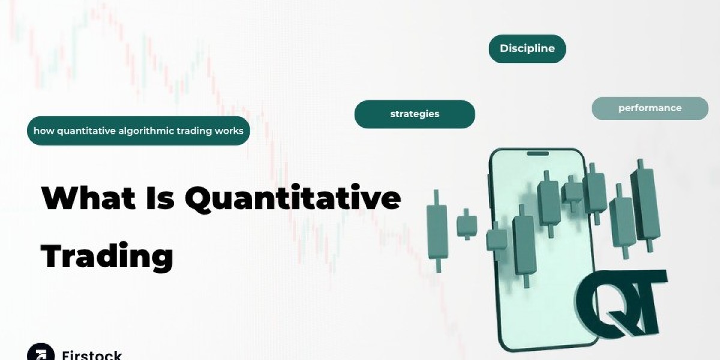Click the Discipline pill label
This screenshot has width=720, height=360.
click(x=527, y=49)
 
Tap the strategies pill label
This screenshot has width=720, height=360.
click(x=415, y=113)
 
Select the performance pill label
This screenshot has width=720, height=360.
click(x=650, y=108)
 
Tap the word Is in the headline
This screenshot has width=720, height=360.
click(x=160, y=199)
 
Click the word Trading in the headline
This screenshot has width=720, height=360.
click(x=107, y=256)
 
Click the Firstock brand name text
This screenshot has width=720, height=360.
click(x=91, y=355)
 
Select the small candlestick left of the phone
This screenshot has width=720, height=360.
click(x=466, y=225)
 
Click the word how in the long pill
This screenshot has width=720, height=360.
click(x=43, y=131)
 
